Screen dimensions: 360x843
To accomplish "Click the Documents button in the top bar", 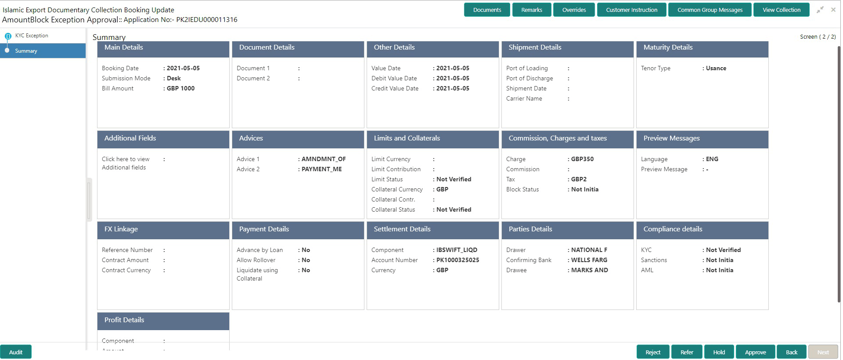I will [487, 10].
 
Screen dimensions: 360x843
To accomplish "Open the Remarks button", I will [531, 10].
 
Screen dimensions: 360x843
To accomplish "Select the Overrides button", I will [574, 10].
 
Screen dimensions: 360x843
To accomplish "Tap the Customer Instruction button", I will [631, 10].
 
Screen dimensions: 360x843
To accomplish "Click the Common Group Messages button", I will [710, 10].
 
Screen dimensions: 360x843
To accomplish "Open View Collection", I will [781, 10].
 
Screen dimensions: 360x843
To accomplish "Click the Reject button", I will [652, 352].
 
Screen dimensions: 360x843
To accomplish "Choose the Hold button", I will [719, 352].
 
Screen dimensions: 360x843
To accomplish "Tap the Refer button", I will [686, 352].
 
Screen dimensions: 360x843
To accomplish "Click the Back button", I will [791, 352].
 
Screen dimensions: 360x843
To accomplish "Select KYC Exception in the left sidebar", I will [32, 36].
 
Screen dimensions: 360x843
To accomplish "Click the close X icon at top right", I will [833, 10].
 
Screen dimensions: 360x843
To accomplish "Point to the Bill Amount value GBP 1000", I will [180, 88].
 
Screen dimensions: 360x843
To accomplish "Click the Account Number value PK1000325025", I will [458, 260].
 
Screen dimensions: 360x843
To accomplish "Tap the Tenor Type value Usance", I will [716, 68].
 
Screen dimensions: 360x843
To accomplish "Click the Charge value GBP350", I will [582, 159].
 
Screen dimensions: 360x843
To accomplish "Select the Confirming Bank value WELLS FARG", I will [589, 260].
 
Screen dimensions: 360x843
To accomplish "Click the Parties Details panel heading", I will [530, 229].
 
